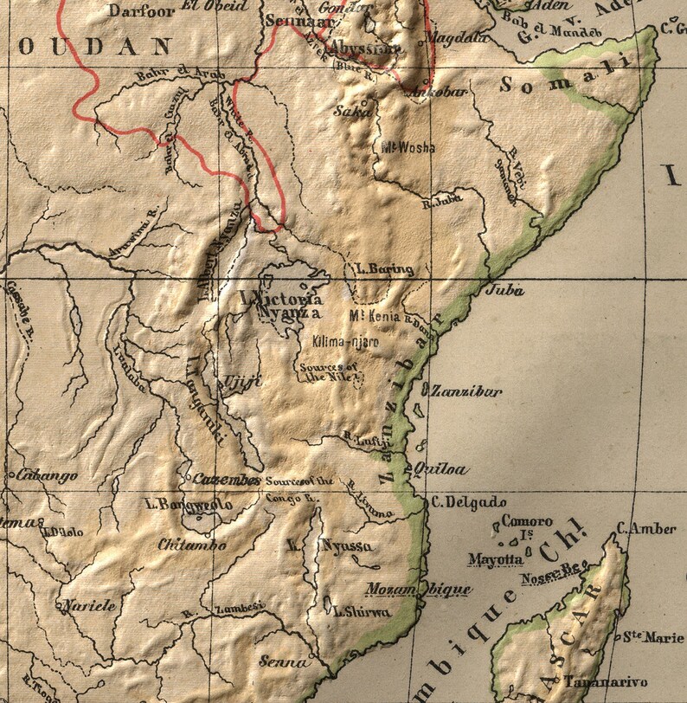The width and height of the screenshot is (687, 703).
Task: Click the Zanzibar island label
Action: (x=466, y=391)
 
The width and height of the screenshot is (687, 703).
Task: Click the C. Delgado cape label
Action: (x=468, y=502)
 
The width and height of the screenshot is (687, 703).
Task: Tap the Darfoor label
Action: (x=138, y=10)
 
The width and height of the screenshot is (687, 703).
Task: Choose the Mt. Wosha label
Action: (x=408, y=147)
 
